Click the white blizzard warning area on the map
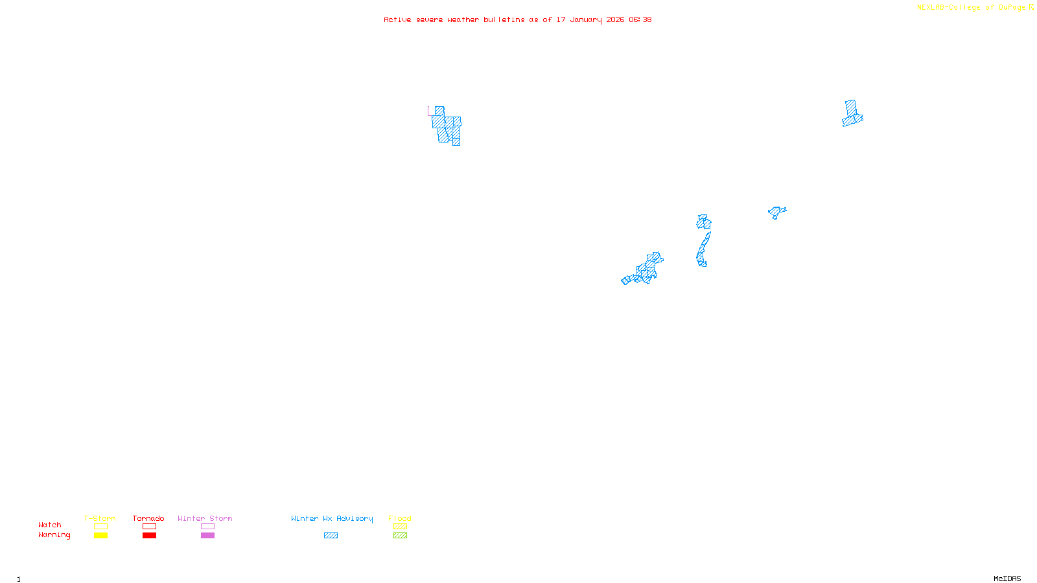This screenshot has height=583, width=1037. click(439, 91)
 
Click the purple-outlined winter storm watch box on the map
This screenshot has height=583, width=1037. click(431, 111)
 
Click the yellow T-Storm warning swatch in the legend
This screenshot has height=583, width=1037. click(100, 536)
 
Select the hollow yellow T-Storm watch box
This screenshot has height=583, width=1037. click(100, 527)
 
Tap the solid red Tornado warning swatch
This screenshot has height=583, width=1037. click(149, 536)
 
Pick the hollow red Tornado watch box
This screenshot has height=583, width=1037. click(149, 527)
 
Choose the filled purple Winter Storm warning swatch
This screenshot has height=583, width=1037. click(207, 536)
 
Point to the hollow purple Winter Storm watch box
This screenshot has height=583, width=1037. click(207, 527)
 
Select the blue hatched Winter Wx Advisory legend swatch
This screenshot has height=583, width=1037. click(331, 536)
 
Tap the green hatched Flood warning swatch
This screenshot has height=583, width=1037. click(400, 536)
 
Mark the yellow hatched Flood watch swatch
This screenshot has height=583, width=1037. click(400, 527)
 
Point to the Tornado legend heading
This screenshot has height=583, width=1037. click(148, 518)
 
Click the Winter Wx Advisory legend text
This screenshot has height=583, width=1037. click(332, 518)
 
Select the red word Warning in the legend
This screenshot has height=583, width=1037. click(54, 535)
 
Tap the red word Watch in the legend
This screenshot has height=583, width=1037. click(50, 525)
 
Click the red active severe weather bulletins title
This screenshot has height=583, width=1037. click(517, 19)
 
